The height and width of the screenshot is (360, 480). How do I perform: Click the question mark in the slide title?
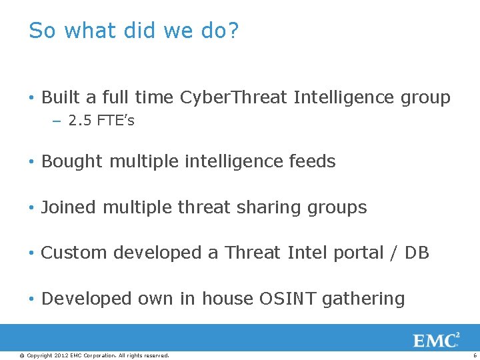click(232, 31)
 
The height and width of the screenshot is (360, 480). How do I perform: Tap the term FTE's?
click(115, 121)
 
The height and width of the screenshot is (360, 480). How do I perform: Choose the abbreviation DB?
click(417, 253)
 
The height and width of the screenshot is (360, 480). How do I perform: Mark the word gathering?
click(363, 299)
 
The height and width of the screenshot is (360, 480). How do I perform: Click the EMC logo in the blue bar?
click(436, 340)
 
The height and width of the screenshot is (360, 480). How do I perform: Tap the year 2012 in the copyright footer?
click(62, 355)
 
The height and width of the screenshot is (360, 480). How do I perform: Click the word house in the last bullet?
click(227, 299)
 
